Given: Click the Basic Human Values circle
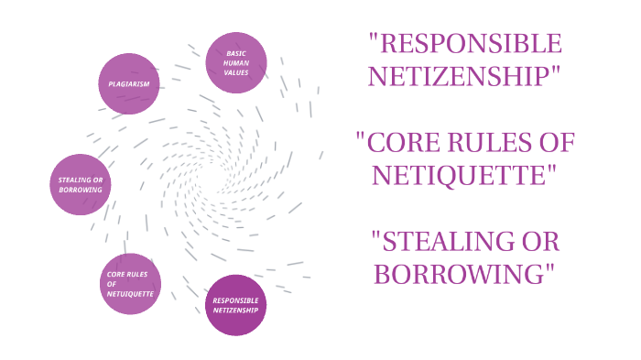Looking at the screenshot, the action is pyautogui.click(x=236, y=62).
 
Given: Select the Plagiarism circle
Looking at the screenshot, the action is pyautogui.click(x=129, y=83).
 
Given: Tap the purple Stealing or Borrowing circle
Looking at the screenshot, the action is pyautogui.click(x=80, y=183).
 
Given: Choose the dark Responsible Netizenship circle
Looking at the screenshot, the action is pyautogui.click(x=235, y=305).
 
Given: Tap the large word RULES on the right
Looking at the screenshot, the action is pyautogui.click(x=486, y=143).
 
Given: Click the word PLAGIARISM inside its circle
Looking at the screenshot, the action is pyautogui.click(x=129, y=83).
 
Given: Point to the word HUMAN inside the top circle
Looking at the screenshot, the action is pyautogui.click(x=236, y=62).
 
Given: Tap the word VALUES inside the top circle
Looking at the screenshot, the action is pyautogui.click(x=236, y=72).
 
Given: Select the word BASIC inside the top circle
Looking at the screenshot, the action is pyautogui.click(x=236, y=53).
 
